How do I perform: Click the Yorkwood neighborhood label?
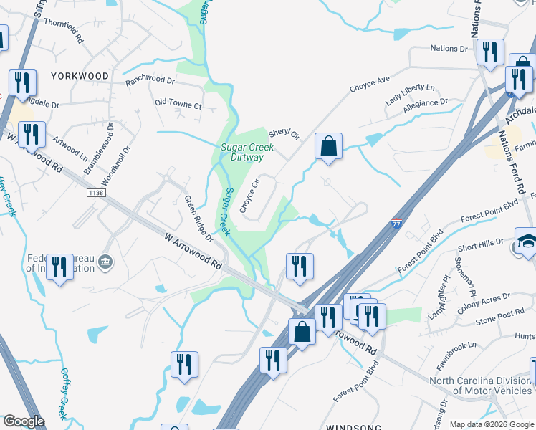[80, 76]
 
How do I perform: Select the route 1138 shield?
[95, 193]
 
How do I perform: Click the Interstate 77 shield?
[397, 224]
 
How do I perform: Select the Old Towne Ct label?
[179, 104]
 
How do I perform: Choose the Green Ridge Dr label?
[198, 218]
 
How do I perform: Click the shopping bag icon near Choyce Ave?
[328, 146]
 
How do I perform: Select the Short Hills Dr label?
[480, 245]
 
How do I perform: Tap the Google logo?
[23, 421]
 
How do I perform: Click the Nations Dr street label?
[449, 49]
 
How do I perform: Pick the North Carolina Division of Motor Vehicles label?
[482, 387]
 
